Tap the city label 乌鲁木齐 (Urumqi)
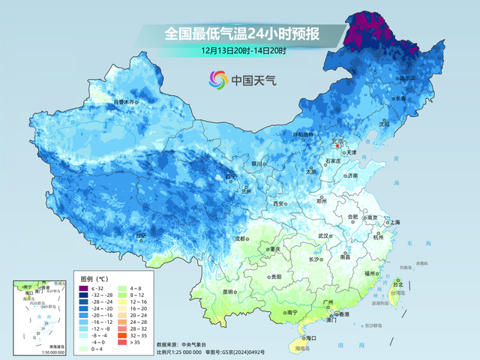tap(124, 101)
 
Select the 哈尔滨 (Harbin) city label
tap(407, 78)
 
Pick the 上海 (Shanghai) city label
tap(394, 222)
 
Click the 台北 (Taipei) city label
tap(398, 285)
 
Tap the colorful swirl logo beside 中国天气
tap(218, 79)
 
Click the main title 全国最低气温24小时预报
tap(241, 34)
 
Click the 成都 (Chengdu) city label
tap(240, 239)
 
